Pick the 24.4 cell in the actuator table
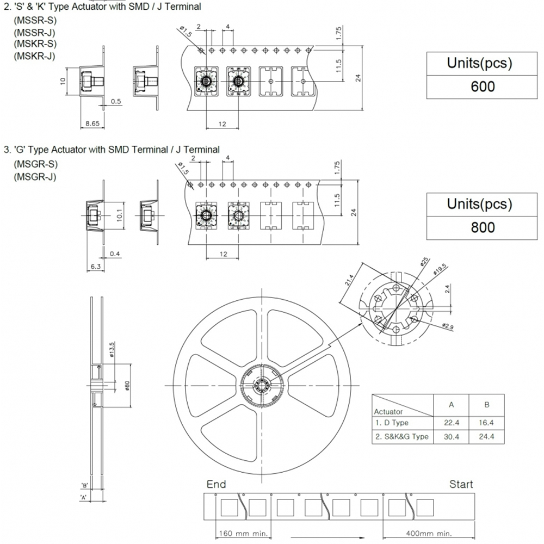[x=486, y=436]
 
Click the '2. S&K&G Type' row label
[x=401, y=436]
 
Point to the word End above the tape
[x=216, y=484]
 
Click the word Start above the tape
[x=461, y=484]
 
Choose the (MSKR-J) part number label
[x=34, y=55]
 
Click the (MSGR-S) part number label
[x=35, y=164]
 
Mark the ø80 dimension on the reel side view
[x=127, y=385]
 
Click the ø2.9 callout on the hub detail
[x=447, y=326]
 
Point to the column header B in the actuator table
[x=486, y=405]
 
